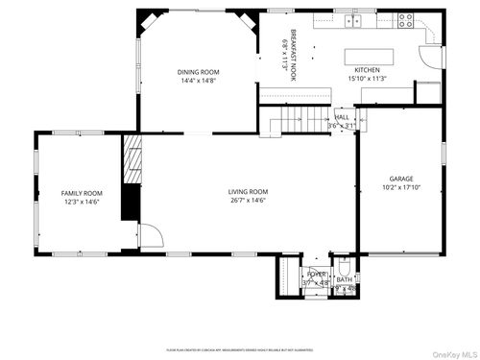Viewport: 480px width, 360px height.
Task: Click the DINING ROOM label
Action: click(200, 72)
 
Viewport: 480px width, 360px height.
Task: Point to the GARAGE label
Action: click(401, 179)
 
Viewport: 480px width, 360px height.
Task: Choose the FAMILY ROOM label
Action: click(82, 193)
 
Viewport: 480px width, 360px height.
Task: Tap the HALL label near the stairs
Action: click(341, 117)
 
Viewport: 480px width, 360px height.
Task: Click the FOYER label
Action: click(316, 274)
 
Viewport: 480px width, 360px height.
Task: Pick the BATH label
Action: click(344, 279)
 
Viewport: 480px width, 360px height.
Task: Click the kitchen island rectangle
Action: click(369, 54)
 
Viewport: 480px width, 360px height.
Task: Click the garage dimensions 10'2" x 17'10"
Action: click(401, 188)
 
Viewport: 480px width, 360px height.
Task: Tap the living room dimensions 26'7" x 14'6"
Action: click(248, 201)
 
